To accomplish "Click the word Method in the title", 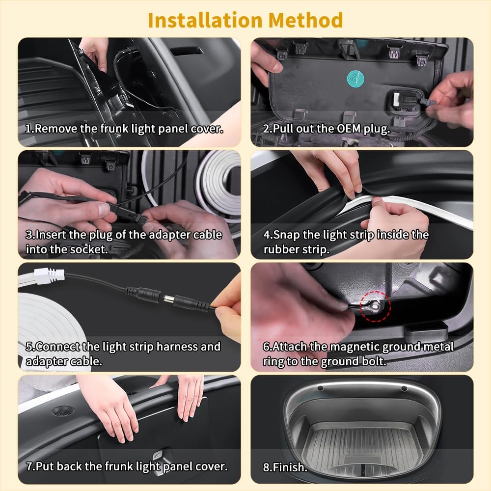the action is click(305, 20).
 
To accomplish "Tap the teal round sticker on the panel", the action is click(355, 79).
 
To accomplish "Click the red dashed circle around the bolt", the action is click(376, 306).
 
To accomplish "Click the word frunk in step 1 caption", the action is click(114, 128).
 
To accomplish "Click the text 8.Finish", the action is click(285, 467).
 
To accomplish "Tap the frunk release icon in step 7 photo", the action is click(158, 455).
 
